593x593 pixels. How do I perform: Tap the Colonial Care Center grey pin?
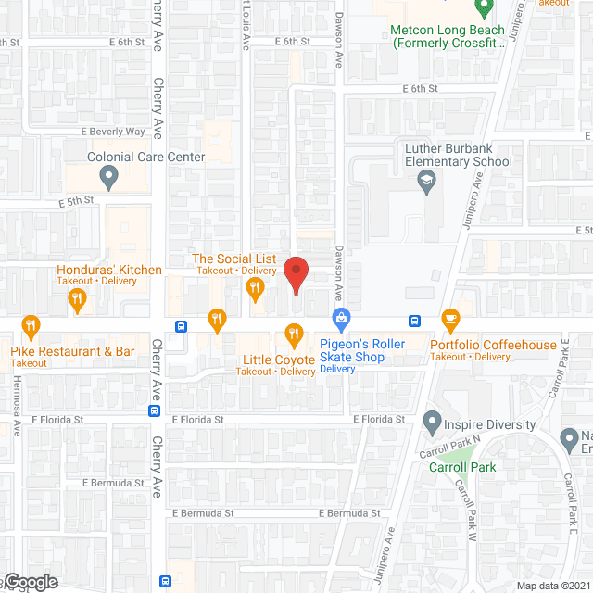pos(109,176)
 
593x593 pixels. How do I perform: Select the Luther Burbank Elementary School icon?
pos(426,184)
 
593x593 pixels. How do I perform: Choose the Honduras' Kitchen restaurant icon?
pos(77,298)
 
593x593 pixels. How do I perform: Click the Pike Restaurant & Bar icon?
pos(31,326)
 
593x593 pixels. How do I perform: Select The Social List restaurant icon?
pos(255,291)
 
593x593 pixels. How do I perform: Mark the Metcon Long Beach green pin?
pos(482,10)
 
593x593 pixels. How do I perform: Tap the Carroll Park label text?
pos(462,466)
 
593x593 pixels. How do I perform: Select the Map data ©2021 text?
pos(553,585)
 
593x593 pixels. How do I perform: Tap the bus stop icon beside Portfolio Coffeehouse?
pos(416,322)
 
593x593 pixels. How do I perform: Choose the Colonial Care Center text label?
pos(146,158)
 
